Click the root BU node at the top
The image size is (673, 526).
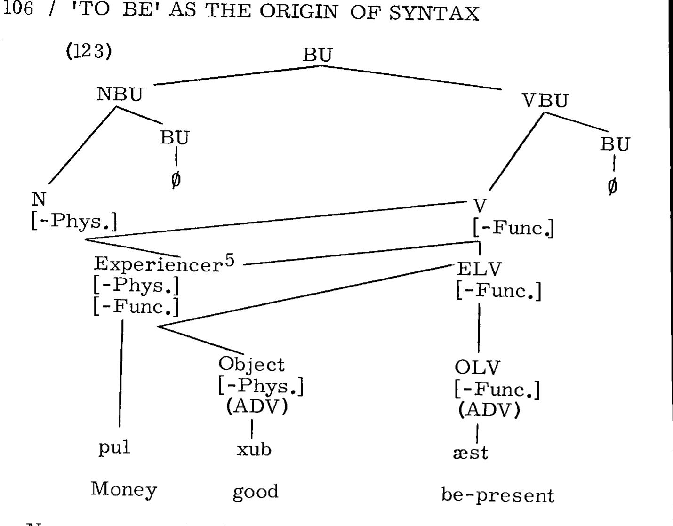317,55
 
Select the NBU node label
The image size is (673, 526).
120,95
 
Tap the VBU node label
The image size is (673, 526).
545,101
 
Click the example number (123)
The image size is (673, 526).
88,51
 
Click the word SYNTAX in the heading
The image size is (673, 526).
433,13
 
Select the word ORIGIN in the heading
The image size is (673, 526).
298,12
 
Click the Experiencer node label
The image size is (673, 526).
158,264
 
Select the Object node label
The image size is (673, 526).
251,365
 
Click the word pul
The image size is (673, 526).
114,447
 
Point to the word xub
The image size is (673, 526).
254,450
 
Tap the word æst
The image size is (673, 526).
470,453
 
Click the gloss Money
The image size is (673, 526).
123,489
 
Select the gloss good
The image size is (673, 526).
256,492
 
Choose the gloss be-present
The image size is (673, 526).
497,495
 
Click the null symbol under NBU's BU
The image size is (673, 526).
176,179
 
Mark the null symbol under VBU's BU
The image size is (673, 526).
612,186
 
